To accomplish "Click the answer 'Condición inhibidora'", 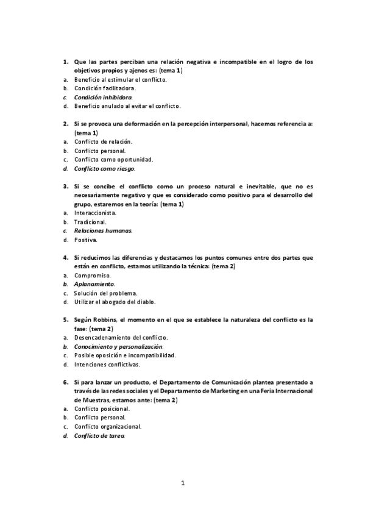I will click(103, 97).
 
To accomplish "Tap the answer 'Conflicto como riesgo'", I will click(104, 168).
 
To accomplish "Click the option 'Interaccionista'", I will click(95, 213).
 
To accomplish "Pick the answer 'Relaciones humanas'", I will click(102, 231).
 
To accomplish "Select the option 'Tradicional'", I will click(90, 223).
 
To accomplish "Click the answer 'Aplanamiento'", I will click(94, 284).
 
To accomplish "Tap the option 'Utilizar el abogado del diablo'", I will click(115, 302).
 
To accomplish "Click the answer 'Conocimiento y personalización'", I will click(118, 346).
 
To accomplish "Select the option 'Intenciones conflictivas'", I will click(107, 365).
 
